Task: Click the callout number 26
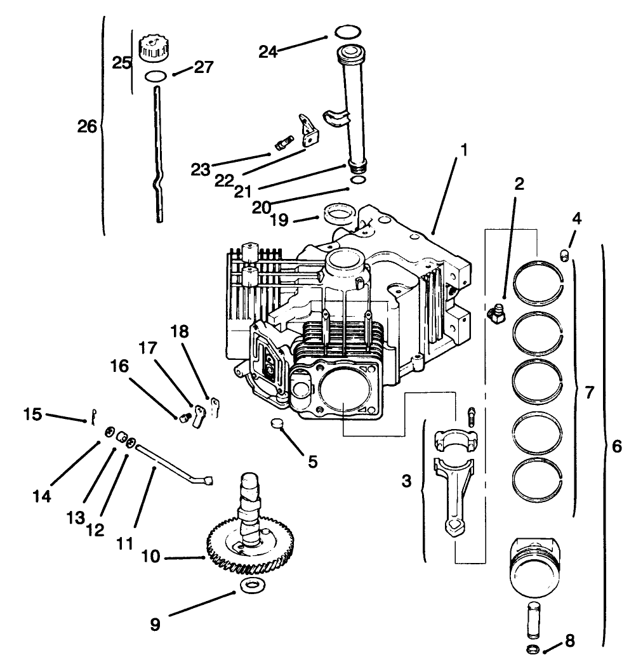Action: pyautogui.click(x=87, y=127)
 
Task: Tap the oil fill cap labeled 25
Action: pyautogui.click(x=152, y=49)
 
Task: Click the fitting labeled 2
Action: pyautogui.click(x=496, y=313)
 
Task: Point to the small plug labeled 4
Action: pyautogui.click(x=563, y=255)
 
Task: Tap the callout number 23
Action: pyautogui.click(x=200, y=169)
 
